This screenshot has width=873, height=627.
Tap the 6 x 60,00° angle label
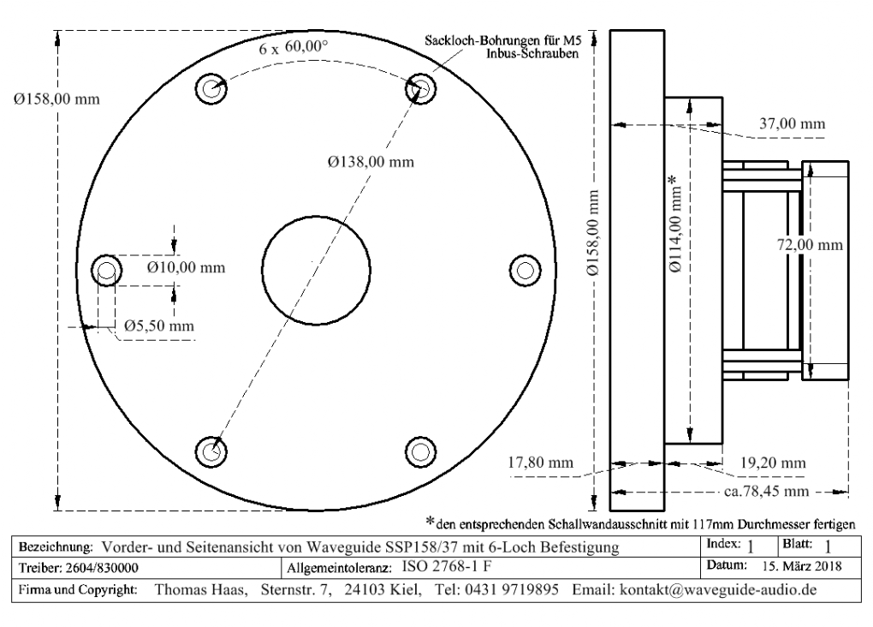(294, 48)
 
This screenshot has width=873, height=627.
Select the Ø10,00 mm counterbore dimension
(186, 267)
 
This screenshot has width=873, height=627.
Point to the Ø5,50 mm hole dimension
(158, 325)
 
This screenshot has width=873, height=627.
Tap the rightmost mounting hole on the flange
(524, 269)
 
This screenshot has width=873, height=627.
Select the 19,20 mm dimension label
(772, 463)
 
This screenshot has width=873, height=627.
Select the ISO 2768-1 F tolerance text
(446, 566)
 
